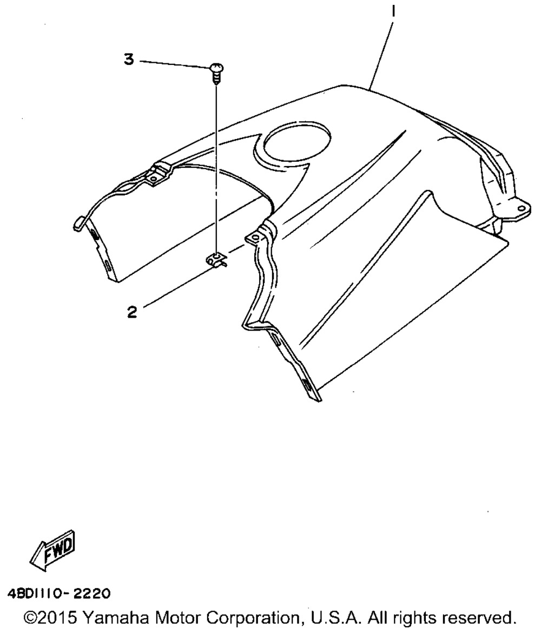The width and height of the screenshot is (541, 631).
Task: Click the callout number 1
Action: click(393, 12)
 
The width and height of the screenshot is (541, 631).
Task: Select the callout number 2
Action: click(132, 312)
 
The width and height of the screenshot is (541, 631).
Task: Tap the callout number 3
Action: click(129, 60)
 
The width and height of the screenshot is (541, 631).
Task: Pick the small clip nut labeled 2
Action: click(217, 260)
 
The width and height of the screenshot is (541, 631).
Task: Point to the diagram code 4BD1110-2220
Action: click(59, 593)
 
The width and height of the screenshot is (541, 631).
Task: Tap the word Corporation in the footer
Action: click(254, 617)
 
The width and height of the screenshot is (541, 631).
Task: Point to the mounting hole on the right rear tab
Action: click(521, 208)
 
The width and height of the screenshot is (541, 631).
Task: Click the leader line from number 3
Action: click(175, 63)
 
